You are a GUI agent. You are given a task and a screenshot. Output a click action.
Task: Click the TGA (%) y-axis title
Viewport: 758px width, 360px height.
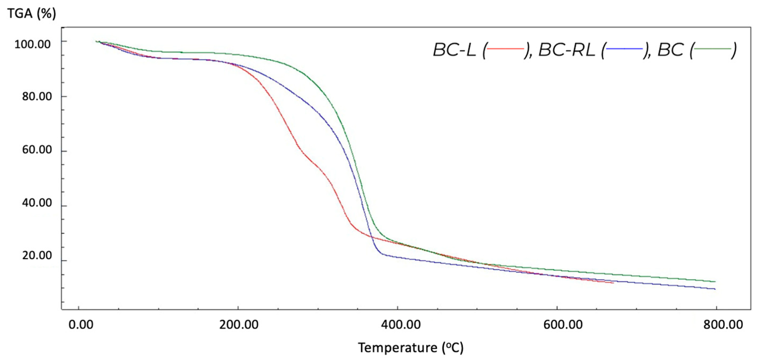31,14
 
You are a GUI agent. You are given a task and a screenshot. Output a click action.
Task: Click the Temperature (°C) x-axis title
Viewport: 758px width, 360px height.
410,348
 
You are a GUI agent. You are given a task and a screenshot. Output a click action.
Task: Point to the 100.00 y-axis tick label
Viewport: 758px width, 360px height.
32,44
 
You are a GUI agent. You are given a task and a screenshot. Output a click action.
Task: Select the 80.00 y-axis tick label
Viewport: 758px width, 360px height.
37,97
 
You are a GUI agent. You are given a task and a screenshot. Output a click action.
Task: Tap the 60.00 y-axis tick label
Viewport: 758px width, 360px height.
37,150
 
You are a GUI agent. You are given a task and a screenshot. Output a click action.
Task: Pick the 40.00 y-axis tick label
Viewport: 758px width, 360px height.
37,203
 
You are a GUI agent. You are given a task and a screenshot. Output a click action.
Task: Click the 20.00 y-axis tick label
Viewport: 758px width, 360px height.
37,256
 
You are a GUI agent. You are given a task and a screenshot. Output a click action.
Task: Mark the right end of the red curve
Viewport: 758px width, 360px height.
613,283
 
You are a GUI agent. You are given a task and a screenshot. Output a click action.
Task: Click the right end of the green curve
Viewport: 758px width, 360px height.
715,282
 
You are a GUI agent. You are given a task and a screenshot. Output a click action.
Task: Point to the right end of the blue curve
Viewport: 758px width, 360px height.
715,289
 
